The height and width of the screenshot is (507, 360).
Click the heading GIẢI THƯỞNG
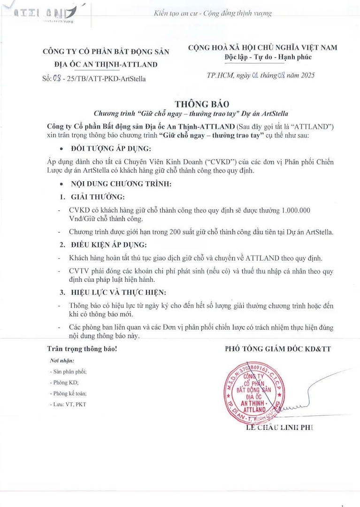98,197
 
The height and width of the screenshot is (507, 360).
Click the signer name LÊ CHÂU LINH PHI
279,427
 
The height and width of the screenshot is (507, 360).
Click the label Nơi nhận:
62,361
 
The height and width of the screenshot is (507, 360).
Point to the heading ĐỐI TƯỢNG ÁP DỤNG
110,149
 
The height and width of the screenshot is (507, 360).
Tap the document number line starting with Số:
93,78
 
